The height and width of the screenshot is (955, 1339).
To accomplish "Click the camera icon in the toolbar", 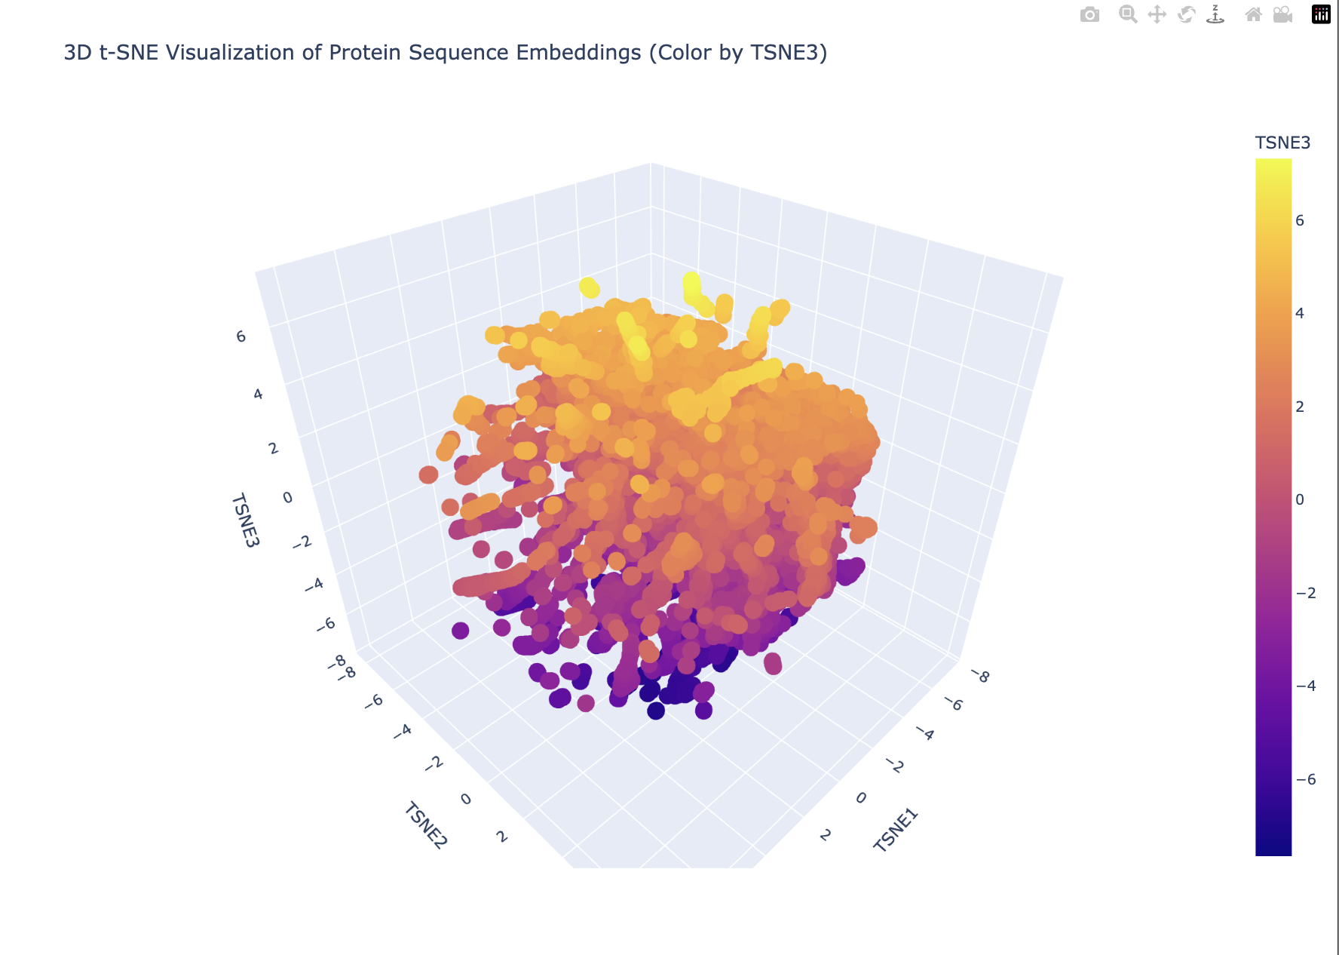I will click(1089, 15).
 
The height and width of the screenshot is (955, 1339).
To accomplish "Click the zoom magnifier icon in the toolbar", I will click(1128, 15).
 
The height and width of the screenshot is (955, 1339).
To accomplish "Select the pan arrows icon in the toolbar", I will click(1157, 15).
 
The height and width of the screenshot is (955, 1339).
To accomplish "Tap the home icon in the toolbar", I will click(1253, 15).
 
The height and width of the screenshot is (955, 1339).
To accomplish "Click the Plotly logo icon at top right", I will click(1321, 15).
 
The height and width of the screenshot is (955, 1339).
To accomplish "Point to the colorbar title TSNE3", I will click(1282, 143).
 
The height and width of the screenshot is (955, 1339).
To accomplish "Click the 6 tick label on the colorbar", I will click(1300, 220).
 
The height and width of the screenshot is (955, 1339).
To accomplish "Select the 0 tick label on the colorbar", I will click(1300, 499).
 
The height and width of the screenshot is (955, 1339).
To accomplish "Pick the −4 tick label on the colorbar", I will click(1306, 686).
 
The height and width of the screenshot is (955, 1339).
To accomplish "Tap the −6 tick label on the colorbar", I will click(1306, 779).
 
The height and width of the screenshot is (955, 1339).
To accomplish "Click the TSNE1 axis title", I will click(896, 830).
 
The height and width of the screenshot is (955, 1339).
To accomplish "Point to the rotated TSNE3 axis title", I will click(245, 520).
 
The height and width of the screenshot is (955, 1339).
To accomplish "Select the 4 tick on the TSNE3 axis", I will click(258, 394).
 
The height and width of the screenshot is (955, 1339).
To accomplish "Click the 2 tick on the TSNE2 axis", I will click(501, 836).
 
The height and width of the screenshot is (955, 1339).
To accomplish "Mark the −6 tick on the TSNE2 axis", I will click(373, 702).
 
